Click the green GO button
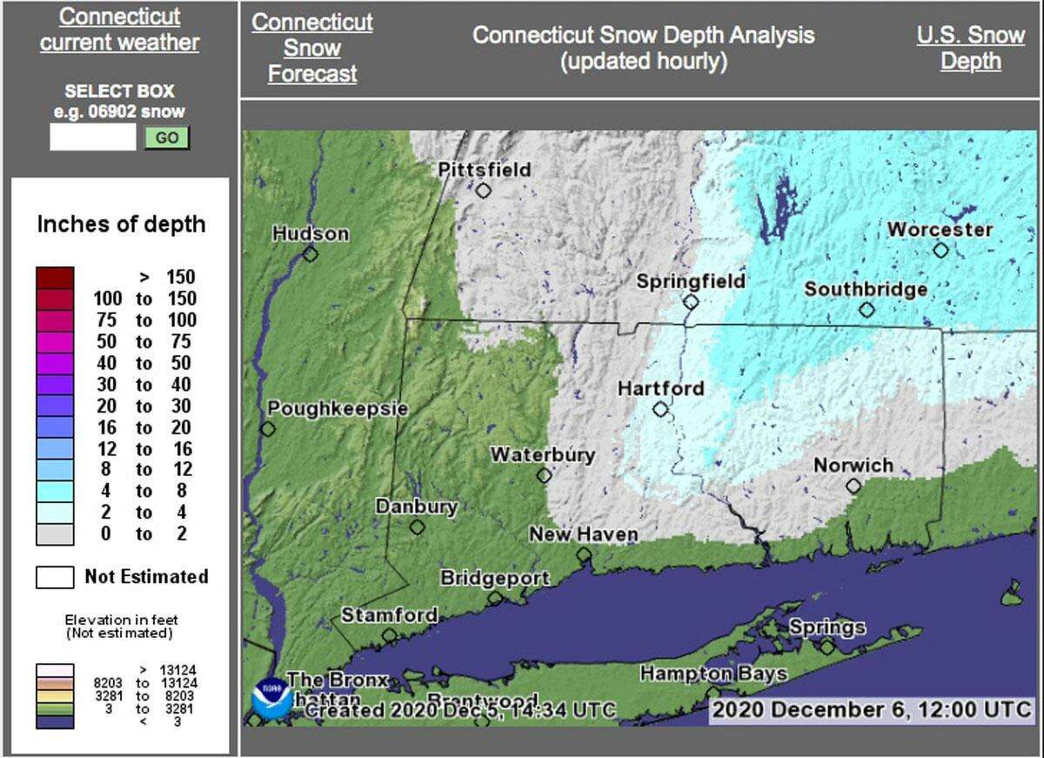tap(166, 138)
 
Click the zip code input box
tap(92, 138)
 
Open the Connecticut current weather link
tap(120, 30)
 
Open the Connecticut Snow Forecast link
tap(312, 49)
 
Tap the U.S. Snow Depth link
tap(970, 49)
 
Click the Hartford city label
tap(660, 389)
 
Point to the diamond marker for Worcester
tap(940, 251)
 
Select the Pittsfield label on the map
tap(484, 170)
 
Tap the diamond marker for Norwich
tap(853, 486)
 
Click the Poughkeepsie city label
tap(338, 408)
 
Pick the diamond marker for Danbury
tap(418, 527)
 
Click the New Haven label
tap(583, 534)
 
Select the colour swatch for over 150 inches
tap(55, 278)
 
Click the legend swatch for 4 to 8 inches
tap(55, 491)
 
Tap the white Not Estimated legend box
tap(55, 577)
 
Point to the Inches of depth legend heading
tap(121, 225)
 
